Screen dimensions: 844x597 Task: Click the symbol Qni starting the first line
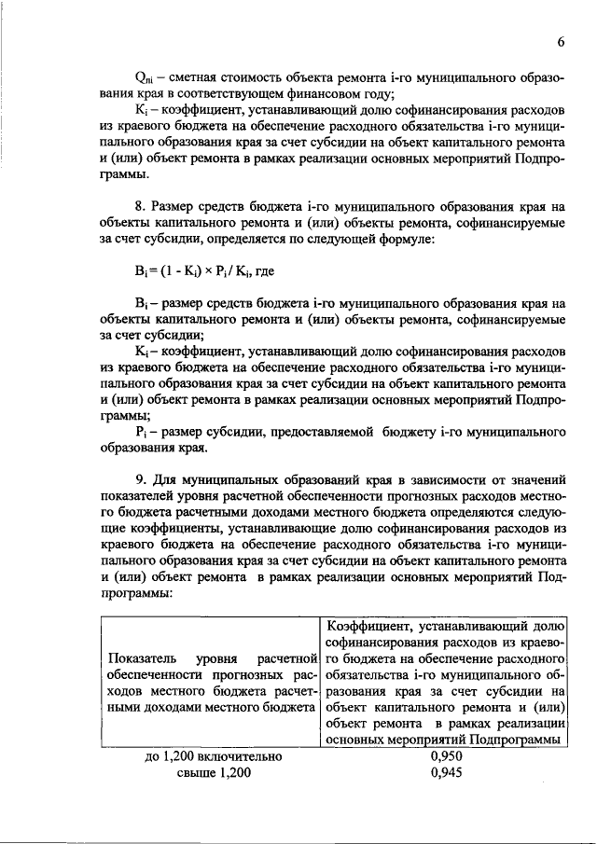(x=145, y=76)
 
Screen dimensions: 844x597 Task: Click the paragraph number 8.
(x=139, y=205)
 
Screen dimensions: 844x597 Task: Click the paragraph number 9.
(x=139, y=482)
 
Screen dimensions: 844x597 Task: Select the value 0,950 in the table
(x=447, y=756)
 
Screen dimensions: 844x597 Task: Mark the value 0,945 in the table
(x=447, y=772)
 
